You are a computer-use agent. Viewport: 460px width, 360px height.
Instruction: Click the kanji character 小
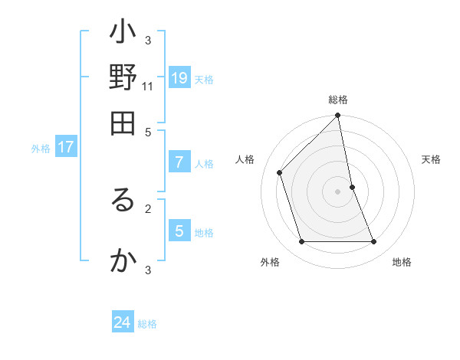[x=123, y=34]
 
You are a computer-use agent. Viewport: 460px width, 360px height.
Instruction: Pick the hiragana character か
[x=123, y=261]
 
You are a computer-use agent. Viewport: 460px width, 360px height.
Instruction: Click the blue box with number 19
[x=179, y=77]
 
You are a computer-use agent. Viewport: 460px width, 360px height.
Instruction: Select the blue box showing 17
[x=66, y=147]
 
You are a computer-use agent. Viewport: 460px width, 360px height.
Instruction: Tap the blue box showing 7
[x=179, y=162]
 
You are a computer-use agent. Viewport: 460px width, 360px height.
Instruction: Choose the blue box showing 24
[x=123, y=322]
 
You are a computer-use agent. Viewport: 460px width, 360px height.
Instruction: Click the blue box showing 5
[x=179, y=231]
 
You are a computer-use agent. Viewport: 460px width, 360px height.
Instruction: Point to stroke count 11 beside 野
[x=149, y=87]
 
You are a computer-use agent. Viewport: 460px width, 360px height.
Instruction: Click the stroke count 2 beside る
[x=149, y=208]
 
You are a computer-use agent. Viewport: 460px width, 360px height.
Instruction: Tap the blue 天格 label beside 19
[x=204, y=80]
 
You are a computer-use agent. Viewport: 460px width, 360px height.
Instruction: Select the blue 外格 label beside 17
[x=41, y=149]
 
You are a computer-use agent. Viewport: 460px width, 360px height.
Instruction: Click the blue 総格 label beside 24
[x=148, y=324]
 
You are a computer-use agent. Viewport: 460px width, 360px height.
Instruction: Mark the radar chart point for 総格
[x=338, y=116]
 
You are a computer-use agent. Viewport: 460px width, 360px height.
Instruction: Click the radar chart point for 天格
[x=352, y=187]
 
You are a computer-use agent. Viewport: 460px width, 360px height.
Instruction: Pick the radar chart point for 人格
[x=280, y=172]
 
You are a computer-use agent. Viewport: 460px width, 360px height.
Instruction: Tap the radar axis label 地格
[x=402, y=262]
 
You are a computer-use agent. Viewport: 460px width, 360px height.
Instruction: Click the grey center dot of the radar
[x=338, y=191]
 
